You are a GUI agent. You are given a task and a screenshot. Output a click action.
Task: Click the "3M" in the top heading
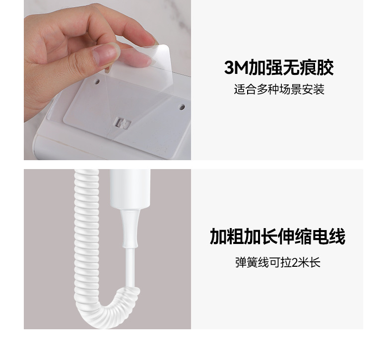pyautogui.click(x=236, y=67)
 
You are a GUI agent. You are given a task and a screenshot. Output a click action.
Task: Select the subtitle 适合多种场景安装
pyautogui.click(x=279, y=90)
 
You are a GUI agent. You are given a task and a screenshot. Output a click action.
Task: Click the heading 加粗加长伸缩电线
pyautogui.click(x=277, y=237)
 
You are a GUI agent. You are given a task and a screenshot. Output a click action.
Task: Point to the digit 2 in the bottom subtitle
pyautogui.click(x=295, y=262)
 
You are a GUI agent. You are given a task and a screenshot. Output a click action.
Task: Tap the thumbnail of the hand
pyautogui.click(x=106, y=53)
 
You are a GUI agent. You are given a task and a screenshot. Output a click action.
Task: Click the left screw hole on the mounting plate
pyautogui.click(x=98, y=81)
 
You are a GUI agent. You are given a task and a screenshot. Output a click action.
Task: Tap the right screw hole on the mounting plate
pyautogui.click(x=182, y=107)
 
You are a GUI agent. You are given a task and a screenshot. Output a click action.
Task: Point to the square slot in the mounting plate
pyautogui.click(x=123, y=123)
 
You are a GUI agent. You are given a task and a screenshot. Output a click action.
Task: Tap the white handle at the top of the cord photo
pyautogui.click(x=130, y=188)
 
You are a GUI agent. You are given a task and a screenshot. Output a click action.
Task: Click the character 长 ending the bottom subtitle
pyautogui.click(x=316, y=262)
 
